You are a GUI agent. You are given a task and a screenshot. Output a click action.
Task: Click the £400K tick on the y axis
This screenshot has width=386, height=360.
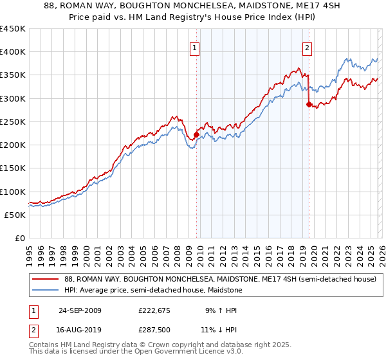[x=13, y=52]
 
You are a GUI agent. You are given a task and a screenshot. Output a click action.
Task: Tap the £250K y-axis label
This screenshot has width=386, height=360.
[x=13, y=122]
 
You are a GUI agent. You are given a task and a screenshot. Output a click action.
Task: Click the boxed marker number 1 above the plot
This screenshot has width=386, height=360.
[x=194, y=47]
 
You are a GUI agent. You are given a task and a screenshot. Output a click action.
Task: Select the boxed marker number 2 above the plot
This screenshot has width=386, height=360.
[x=307, y=47]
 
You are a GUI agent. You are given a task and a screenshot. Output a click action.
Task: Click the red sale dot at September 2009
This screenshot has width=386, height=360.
[x=196, y=134]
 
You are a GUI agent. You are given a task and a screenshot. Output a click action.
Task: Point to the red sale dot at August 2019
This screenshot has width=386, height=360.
[x=309, y=104]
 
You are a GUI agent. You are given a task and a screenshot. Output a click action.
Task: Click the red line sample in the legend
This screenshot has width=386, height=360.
[x=45, y=279]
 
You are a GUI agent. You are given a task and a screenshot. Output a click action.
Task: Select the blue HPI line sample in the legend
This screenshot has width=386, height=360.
[x=45, y=291]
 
